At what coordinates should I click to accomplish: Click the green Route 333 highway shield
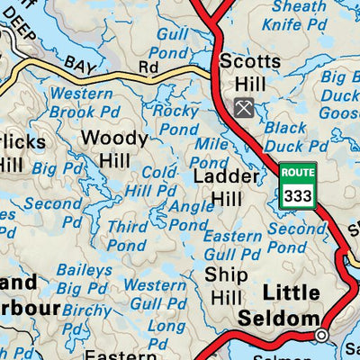(298, 186)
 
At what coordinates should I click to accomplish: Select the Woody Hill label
(113, 148)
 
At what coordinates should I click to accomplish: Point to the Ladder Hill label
(219, 186)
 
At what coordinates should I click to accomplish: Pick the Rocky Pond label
(175, 121)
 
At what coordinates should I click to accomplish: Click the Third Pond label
(127, 236)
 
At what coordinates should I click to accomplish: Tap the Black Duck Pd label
(285, 137)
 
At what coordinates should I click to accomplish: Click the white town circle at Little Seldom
(321, 335)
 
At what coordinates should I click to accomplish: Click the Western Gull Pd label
(155, 293)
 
